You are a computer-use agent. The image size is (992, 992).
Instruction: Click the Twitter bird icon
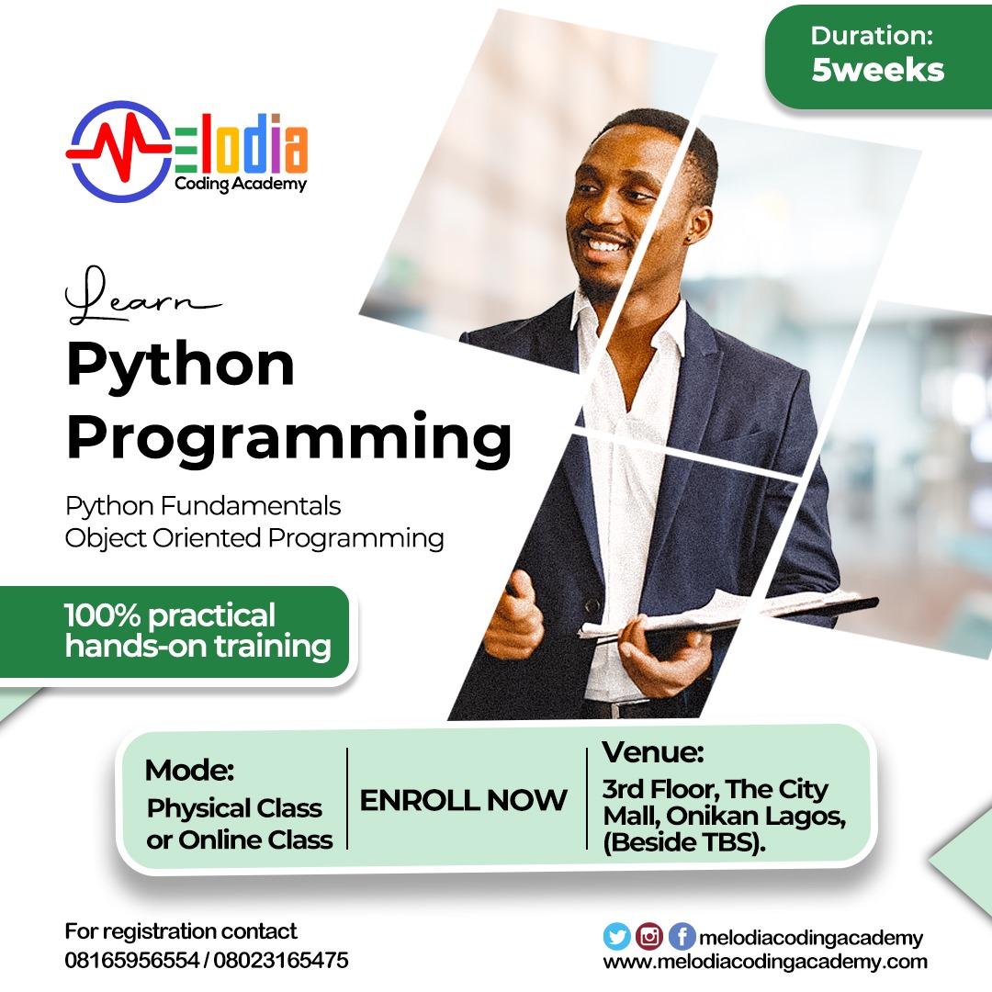617,936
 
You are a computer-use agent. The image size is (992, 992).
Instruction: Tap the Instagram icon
649,936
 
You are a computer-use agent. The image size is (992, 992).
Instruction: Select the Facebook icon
682,936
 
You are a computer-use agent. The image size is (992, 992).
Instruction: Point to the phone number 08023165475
281,961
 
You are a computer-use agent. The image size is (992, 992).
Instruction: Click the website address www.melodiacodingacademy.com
765,963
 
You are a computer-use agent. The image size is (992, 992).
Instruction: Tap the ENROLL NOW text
463,800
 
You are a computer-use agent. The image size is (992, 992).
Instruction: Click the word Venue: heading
653,752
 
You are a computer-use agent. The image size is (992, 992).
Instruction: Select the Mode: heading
189,771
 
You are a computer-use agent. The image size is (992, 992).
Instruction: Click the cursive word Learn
143,296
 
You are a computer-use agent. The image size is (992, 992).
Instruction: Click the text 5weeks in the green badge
877,70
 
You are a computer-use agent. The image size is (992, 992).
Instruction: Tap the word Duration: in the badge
872,36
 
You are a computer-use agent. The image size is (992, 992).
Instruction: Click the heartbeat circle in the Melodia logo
118,152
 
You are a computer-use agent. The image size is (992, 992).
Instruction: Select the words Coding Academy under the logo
241,184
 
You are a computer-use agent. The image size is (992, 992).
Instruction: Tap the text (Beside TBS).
684,842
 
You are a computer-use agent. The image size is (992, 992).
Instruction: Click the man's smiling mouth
604,243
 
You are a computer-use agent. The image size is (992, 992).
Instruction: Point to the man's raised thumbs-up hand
519,614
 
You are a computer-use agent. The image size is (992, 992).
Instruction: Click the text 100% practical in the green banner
170,615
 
